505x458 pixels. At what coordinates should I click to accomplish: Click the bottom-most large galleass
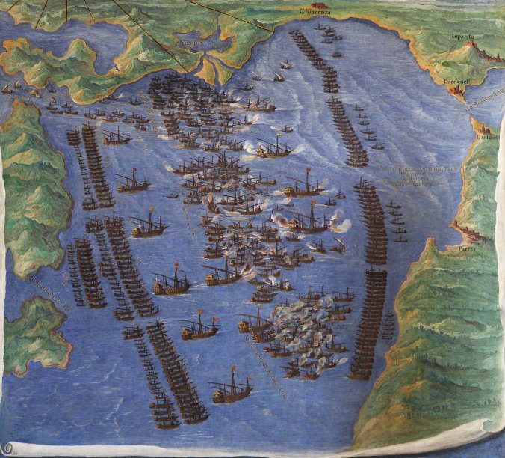[x=231, y=390]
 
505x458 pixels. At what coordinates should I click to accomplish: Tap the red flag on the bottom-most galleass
[x=235, y=370]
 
